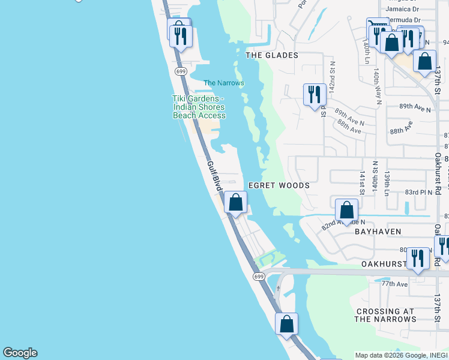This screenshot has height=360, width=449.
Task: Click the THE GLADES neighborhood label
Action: click(272, 55)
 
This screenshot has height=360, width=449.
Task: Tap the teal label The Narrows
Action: click(224, 83)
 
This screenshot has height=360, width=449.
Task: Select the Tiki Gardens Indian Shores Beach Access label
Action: click(199, 107)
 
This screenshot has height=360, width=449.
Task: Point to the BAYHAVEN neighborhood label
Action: click(378, 231)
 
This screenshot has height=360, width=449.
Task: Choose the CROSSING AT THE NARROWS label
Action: click(385, 315)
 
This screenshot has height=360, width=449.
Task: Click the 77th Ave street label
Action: click(394, 283)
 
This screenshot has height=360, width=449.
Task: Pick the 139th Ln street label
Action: click(388, 184)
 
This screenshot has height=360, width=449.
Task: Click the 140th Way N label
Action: click(377, 86)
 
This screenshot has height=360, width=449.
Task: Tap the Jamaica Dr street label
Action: click(402, 9)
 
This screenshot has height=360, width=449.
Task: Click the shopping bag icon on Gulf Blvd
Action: click(236, 203)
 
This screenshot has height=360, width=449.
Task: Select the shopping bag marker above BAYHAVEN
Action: click(346, 210)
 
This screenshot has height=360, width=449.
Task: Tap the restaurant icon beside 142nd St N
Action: click(315, 95)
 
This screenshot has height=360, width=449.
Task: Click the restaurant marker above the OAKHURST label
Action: click(418, 258)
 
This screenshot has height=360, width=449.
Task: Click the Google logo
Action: click(20, 353)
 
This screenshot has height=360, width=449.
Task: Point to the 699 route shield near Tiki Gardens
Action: click(181, 71)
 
